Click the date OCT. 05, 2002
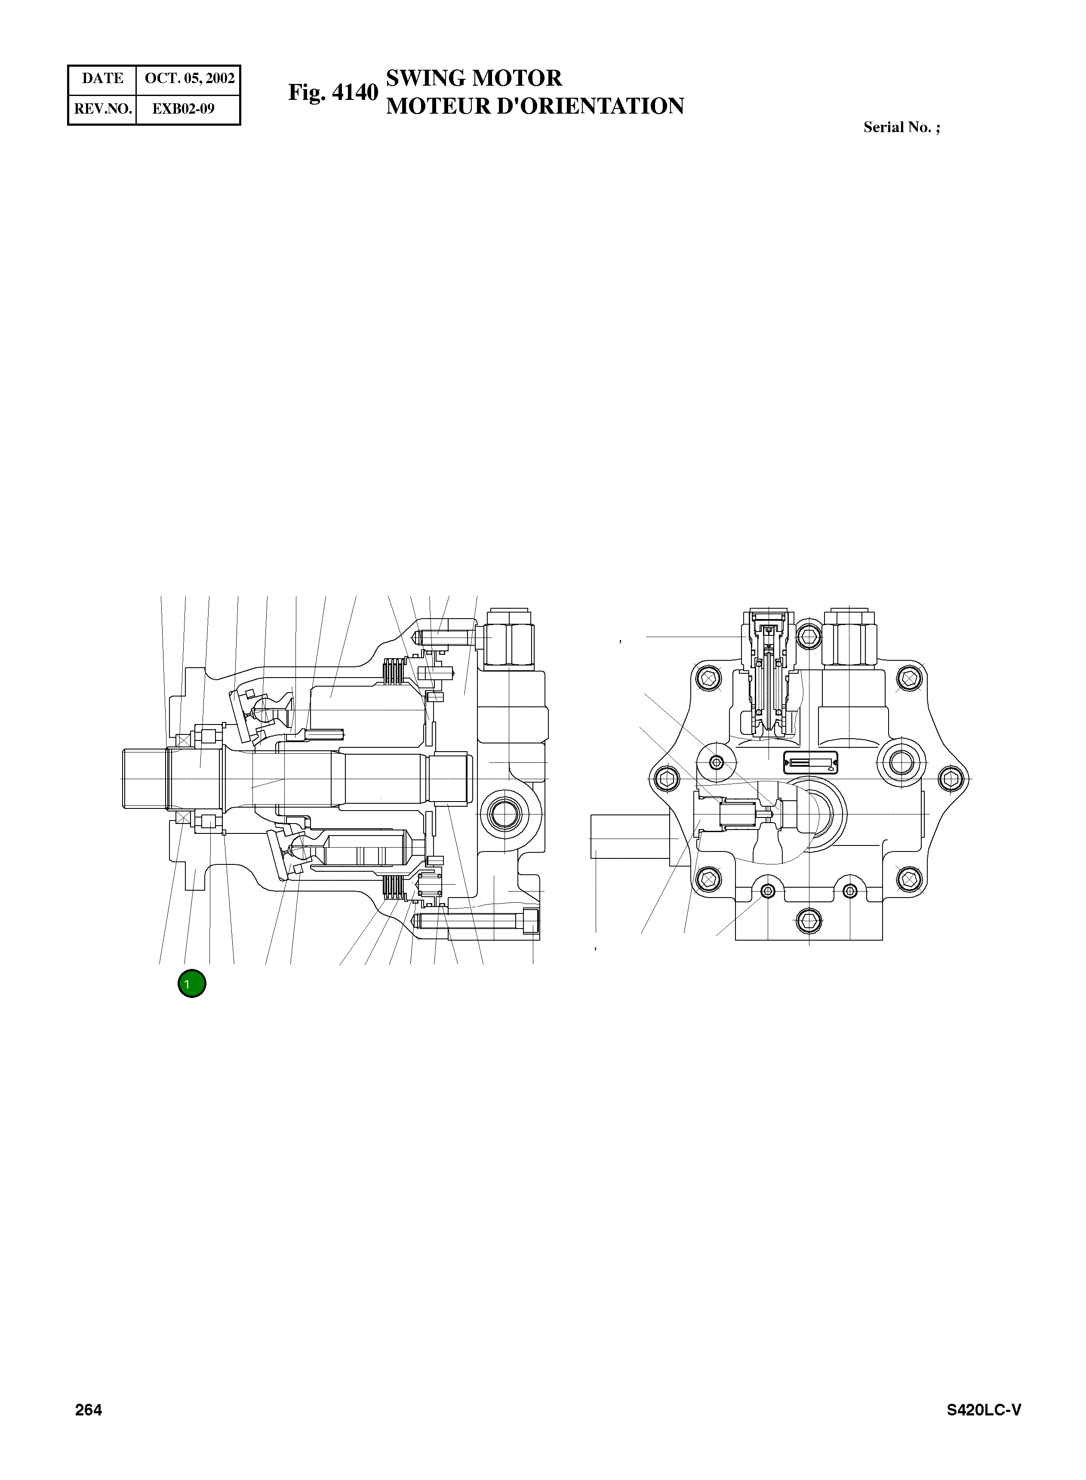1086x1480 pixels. pyautogui.click(x=189, y=78)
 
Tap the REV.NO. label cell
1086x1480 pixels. pyautogui.click(x=102, y=108)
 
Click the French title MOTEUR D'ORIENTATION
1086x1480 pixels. pyautogui.click(x=535, y=106)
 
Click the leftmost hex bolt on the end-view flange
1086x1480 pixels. pyautogui.click(x=666, y=779)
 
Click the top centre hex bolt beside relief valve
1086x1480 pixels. pyautogui.click(x=809, y=635)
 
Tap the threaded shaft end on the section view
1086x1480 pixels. pyautogui.click(x=145, y=778)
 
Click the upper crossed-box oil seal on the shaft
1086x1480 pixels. pyautogui.click(x=183, y=740)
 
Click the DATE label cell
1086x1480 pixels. pyautogui.click(x=102, y=78)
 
